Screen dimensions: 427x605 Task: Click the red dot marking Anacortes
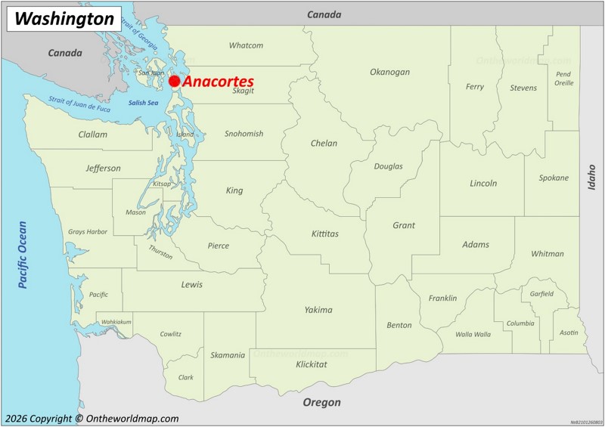175,81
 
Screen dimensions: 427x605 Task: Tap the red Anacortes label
219,81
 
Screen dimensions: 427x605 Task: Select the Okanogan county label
389,73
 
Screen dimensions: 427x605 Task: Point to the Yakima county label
318,310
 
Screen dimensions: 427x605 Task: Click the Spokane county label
554,178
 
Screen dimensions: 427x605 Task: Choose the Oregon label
321,403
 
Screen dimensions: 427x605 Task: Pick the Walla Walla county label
473,334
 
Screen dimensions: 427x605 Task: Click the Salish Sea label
143,103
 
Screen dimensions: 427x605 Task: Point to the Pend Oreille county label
563,79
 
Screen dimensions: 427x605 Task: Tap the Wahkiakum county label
116,322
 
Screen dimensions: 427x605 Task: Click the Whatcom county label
246,45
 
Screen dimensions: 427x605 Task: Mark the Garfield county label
541,294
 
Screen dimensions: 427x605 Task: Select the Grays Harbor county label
88,232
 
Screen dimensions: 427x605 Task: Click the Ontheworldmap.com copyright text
91,419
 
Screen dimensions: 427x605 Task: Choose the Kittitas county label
325,234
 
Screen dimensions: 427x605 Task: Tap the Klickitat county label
312,364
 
